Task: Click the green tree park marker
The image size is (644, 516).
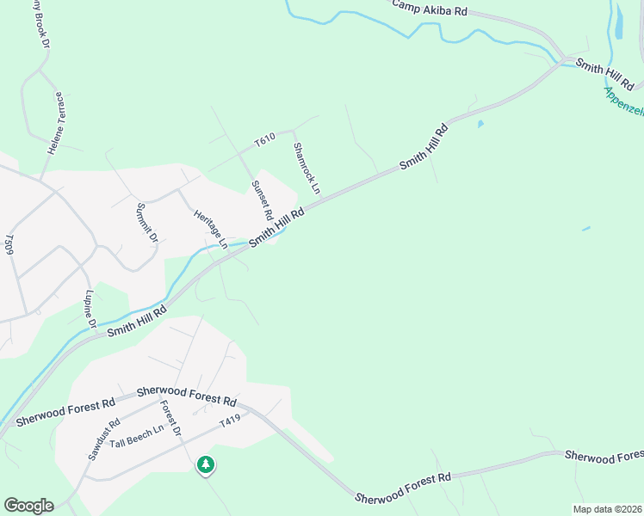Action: [205, 465]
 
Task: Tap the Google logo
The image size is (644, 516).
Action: [28, 506]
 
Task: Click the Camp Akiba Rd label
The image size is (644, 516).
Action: [430, 8]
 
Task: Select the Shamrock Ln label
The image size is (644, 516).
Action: [307, 168]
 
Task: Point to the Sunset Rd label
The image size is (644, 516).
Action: [262, 200]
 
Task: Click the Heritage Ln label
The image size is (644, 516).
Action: [210, 230]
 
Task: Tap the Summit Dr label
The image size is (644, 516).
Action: [147, 222]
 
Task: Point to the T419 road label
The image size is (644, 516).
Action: [230, 422]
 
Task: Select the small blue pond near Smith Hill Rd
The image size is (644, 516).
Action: [480, 124]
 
